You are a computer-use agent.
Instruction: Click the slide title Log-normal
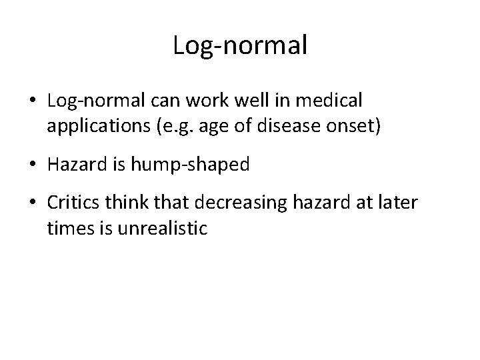click(x=240, y=45)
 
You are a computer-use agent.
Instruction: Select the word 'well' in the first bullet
click(x=245, y=101)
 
